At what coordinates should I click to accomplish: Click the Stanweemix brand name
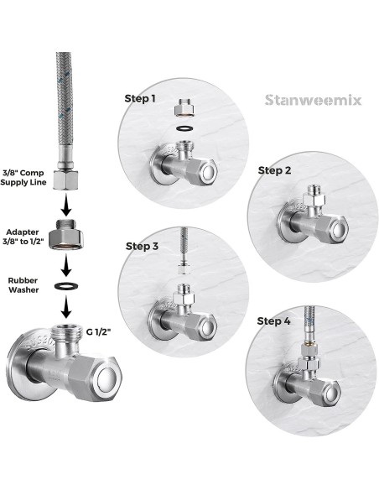tap(313, 101)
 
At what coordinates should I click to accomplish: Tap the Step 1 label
tap(140, 98)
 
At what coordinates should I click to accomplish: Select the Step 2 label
tap(274, 170)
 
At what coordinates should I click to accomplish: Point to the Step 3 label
tap(142, 246)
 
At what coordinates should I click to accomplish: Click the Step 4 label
tap(274, 321)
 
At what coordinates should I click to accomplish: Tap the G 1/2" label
tap(99, 331)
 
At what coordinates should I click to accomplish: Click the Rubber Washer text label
tap(23, 285)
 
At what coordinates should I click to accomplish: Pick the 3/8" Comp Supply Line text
tap(23, 178)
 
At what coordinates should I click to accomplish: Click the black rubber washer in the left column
tap(66, 285)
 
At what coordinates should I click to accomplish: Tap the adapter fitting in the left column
tap(66, 235)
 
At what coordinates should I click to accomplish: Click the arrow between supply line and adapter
tap(66, 205)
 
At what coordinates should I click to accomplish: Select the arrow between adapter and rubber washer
tap(65, 265)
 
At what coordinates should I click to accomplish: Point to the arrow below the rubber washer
tap(65, 307)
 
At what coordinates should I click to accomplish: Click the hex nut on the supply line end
tap(65, 180)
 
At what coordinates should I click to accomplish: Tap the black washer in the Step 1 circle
tap(184, 128)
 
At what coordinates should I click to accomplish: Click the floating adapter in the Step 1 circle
tap(184, 107)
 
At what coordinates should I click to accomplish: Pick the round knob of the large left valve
tap(108, 379)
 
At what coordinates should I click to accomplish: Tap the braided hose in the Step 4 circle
tap(309, 324)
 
